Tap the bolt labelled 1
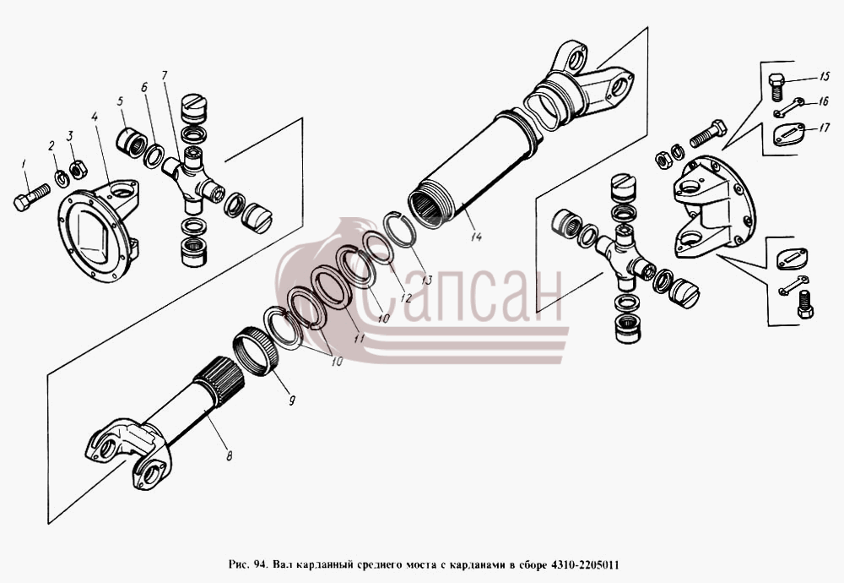pyautogui.click(x=31, y=197)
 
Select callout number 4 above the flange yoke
pyautogui.click(x=95, y=117)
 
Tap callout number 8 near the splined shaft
pyautogui.click(x=230, y=456)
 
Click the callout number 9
pyautogui.click(x=292, y=400)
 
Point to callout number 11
pyautogui.click(x=359, y=338)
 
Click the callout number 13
pyautogui.click(x=427, y=281)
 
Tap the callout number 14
pyautogui.click(x=476, y=236)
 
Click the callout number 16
pyautogui.click(x=823, y=101)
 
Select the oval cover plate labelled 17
pyautogui.click(x=789, y=134)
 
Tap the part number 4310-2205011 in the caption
pyautogui.click(x=584, y=565)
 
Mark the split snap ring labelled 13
pyautogui.click(x=398, y=228)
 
